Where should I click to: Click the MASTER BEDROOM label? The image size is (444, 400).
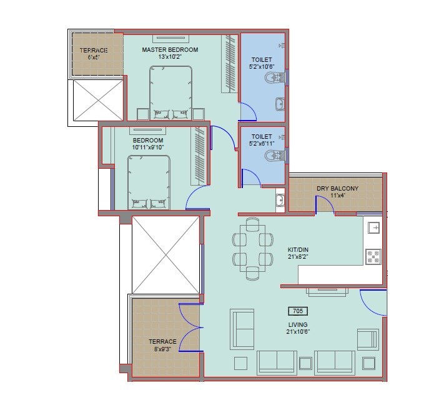pyautogui.click(x=169, y=50)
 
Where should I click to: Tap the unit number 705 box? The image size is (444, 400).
pyautogui.click(x=297, y=311)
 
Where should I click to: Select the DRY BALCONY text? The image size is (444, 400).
pyautogui.click(x=337, y=188)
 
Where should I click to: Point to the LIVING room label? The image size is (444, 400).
pyautogui.click(x=297, y=324)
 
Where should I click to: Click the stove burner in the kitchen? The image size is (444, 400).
pyautogui.click(x=373, y=256)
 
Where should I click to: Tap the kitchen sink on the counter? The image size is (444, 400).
pyautogui.click(x=374, y=228)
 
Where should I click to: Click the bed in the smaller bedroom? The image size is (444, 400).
pyautogui.click(x=149, y=182)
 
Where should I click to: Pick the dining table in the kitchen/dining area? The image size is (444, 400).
pyautogui.click(x=252, y=248)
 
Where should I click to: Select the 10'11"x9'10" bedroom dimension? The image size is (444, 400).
pyautogui.click(x=147, y=148)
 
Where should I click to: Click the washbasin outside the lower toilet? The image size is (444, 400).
pyautogui.click(x=280, y=201)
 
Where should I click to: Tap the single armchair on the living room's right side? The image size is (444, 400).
pyautogui.click(x=367, y=340)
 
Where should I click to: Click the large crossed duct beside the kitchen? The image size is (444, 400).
pyautogui.click(x=165, y=254)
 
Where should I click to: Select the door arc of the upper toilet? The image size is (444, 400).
pyautogui.click(x=249, y=112)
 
